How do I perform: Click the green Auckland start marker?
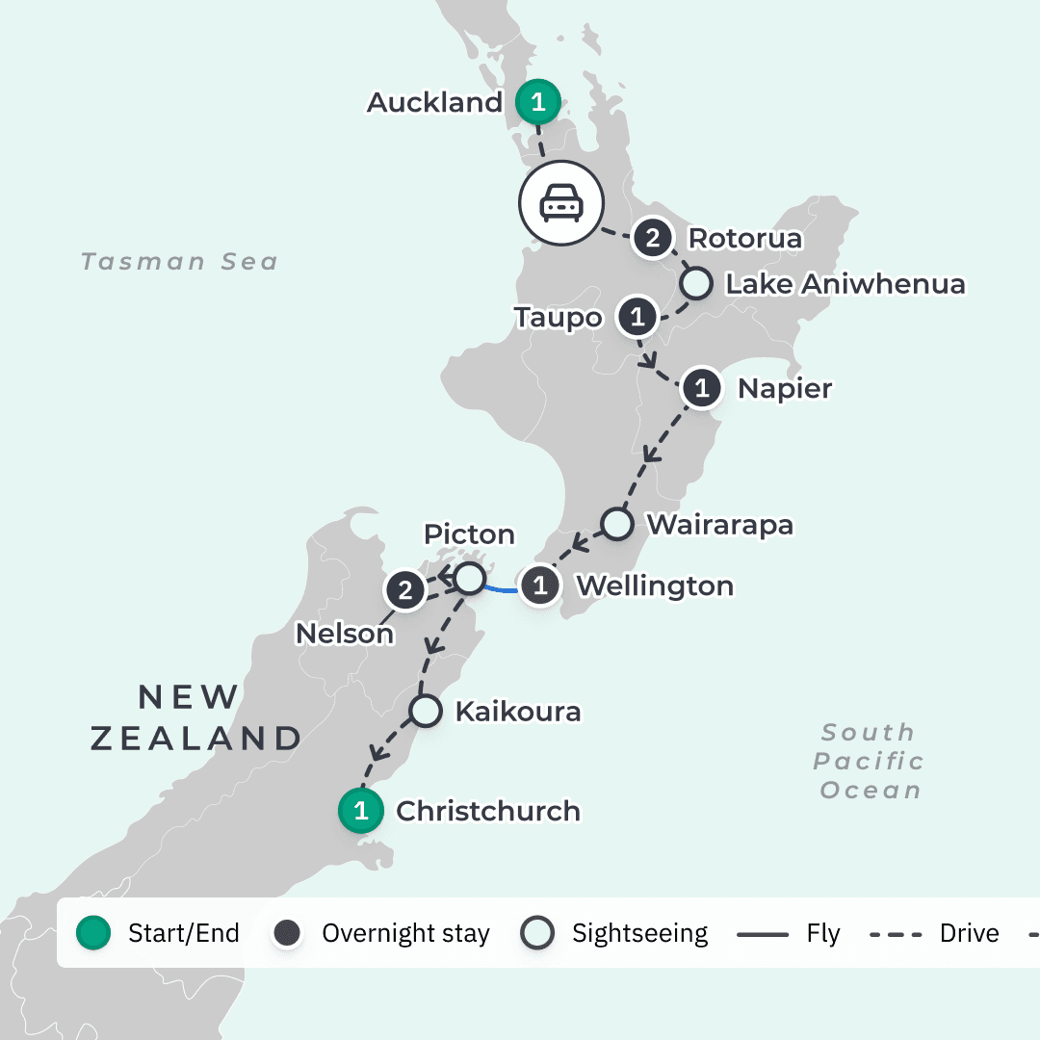[538, 101]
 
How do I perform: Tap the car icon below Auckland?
[560, 203]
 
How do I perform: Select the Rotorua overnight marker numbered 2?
[653, 238]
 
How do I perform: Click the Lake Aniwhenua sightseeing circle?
[695, 284]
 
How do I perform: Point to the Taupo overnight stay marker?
[637, 317]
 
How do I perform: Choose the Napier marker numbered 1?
[702, 389]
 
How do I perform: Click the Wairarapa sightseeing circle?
[617, 525]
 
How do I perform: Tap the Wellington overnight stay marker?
[540, 585]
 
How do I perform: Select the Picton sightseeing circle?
[469, 579]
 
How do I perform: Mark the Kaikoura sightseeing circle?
[425, 712]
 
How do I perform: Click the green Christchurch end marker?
[361, 811]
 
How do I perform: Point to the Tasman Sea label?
[179, 262]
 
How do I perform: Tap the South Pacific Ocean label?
[868, 761]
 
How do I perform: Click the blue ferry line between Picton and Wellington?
[502, 587]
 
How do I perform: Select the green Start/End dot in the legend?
[93, 933]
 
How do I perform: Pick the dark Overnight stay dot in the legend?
[287, 933]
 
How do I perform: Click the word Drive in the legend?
[969, 933]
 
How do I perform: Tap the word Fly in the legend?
[824, 933]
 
